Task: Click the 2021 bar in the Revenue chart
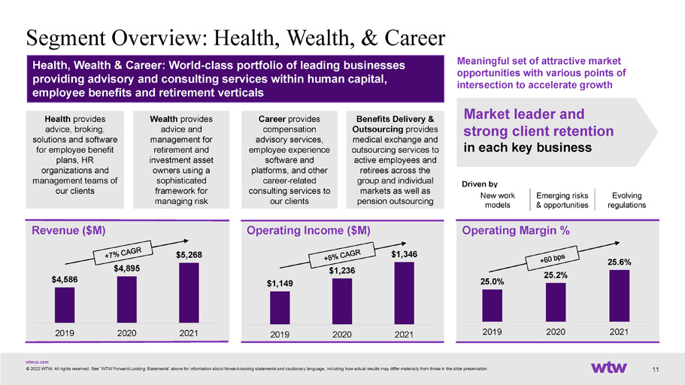click(x=189, y=293)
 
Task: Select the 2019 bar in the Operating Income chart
click(x=280, y=308)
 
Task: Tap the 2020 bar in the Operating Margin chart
click(x=556, y=302)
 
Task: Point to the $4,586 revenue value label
click(x=65, y=280)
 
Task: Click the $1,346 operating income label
click(x=404, y=254)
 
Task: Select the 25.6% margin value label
click(x=619, y=262)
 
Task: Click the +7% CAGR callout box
click(x=123, y=252)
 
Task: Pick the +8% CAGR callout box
click(x=341, y=255)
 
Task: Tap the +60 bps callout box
click(x=552, y=259)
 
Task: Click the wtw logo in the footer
click(x=609, y=368)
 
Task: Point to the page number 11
click(x=655, y=370)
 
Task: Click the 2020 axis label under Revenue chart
click(x=126, y=333)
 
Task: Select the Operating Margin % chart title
click(x=516, y=230)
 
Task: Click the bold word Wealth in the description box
click(x=163, y=119)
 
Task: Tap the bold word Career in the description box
click(x=272, y=119)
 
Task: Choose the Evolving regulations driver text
click(x=626, y=200)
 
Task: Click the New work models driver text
click(x=498, y=200)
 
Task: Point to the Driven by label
click(x=480, y=184)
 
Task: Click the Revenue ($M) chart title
click(x=68, y=230)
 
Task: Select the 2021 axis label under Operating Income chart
click(x=404, y=335)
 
